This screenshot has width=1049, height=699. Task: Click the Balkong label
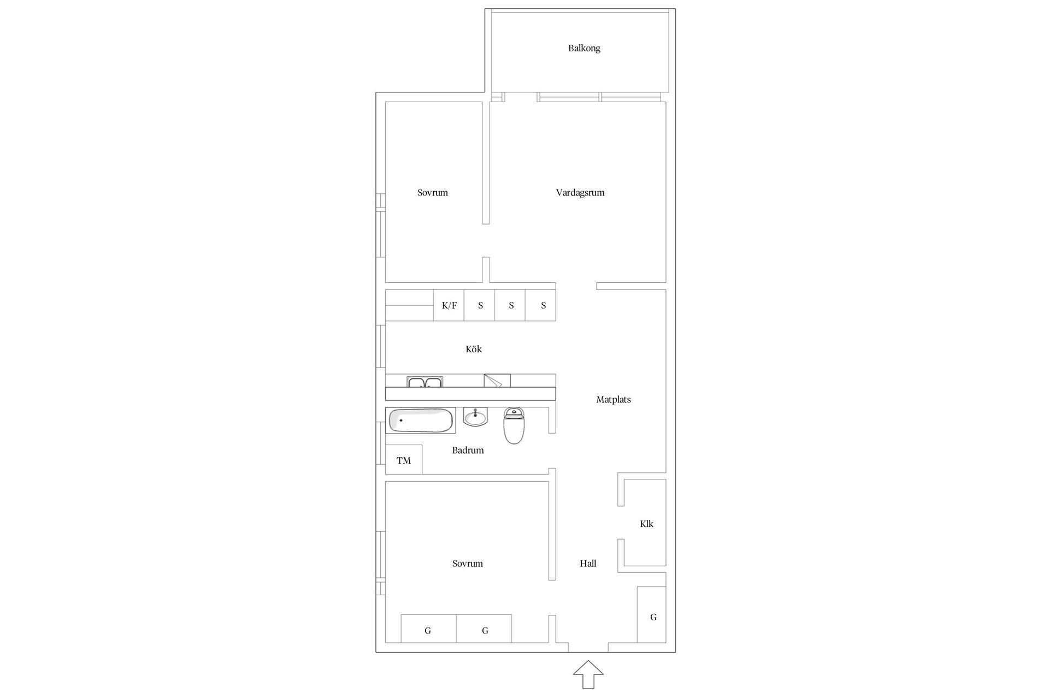click(x=584, y=48)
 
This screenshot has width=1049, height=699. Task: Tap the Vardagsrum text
click(x=580, y=192)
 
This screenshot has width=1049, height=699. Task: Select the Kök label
click(x=474, y=349)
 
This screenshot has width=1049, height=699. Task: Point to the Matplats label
click(x=614, y=399)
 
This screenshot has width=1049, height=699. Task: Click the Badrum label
click(x=468, y=450)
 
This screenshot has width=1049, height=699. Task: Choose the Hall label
click(x=588, y=563)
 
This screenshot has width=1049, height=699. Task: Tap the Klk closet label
click(x=647, y=524)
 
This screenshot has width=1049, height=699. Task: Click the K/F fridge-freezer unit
click(x=449, y=305)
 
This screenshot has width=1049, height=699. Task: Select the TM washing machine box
click(x=404, y=460)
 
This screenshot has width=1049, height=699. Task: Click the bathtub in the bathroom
click(x=421, y=420)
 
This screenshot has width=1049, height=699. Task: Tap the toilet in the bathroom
click(x=514, y=425)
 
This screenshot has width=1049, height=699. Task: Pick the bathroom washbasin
click(x=475, y=417)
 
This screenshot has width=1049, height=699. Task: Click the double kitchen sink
click(x=425, y=381)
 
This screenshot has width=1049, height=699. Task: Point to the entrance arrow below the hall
click(x=588, y=674)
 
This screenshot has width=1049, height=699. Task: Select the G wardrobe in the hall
click(x=652, y=614)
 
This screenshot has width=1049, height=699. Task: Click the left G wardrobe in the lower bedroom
click(x=429, y=629)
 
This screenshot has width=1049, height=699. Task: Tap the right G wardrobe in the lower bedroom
click(x=484, y=629)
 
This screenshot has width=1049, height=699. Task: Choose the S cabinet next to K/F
click(x=480, y=305)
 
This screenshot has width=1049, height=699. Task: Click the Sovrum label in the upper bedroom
click(x=433, y=192)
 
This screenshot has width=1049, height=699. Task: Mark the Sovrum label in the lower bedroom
click(x=468, y=563)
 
